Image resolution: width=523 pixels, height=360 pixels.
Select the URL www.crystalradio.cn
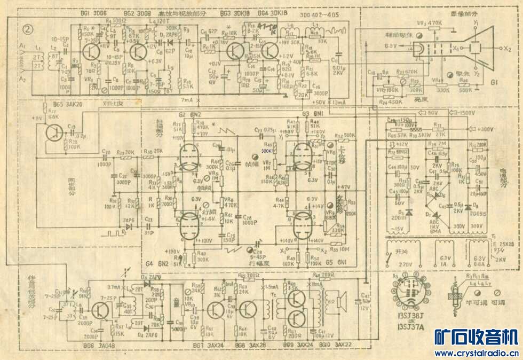pos(476,353)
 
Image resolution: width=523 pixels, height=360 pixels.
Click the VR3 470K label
pos(430,23)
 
